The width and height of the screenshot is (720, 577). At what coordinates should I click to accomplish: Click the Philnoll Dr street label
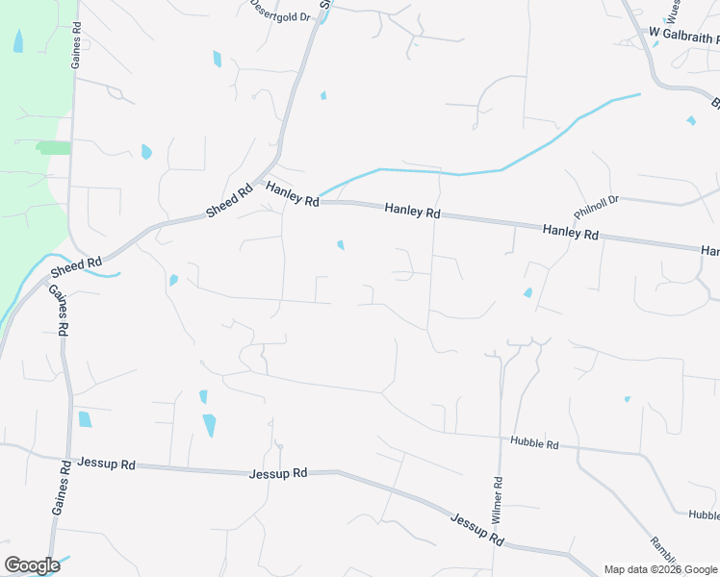point(600,204)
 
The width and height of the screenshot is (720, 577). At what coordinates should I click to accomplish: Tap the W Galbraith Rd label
point(683,35)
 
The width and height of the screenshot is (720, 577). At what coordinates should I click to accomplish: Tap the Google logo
point(32,565)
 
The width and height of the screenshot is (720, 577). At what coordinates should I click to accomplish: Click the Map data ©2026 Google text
point(659,569)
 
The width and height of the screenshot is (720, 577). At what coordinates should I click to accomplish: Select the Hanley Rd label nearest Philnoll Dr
point(570,232)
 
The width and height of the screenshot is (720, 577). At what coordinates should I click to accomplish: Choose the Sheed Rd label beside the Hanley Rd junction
point(229,200)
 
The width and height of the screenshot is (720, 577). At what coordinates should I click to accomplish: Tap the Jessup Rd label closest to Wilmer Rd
point(477,528)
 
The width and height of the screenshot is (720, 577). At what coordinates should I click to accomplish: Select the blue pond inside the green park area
point(18,41)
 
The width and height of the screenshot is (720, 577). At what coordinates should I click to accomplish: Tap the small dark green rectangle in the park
point(55,147)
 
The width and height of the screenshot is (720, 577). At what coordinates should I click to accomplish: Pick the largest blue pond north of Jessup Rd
point(209,425)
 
